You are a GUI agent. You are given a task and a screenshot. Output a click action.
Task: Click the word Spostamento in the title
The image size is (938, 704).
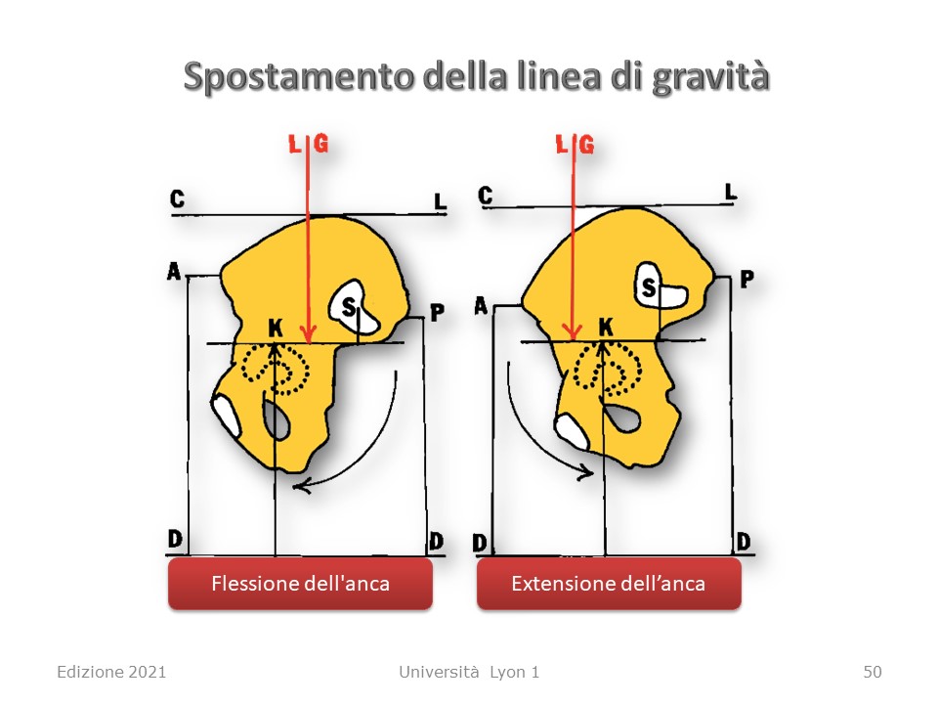299,78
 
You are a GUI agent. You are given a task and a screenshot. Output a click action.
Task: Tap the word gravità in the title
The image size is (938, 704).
710,79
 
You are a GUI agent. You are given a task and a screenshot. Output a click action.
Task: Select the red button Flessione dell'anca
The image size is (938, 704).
300,584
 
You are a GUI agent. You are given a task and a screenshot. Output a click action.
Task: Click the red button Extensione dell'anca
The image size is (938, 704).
609,584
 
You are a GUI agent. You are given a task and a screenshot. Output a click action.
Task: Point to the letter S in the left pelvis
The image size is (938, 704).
349,307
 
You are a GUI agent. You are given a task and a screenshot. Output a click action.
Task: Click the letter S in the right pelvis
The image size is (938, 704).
649,287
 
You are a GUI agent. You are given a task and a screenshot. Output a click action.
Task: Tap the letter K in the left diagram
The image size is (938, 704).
276,329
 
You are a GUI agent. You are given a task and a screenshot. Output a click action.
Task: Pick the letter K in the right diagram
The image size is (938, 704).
606,327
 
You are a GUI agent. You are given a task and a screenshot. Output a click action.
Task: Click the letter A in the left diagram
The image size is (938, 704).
174,272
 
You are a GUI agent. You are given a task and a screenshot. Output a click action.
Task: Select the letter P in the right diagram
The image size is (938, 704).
746,279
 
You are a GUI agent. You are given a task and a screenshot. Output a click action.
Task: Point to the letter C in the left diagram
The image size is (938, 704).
177,198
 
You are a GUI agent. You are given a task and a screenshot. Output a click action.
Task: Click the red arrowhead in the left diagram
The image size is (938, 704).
308,334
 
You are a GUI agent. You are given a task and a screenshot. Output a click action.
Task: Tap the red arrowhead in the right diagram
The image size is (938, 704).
574,331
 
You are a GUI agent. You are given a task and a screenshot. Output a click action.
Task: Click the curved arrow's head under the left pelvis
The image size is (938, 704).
301,486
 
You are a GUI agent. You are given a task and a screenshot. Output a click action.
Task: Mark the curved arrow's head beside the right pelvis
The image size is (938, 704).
585,471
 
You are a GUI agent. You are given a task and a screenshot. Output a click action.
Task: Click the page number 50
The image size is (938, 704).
873,672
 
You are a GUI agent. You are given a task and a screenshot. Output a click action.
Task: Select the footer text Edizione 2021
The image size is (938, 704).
111,672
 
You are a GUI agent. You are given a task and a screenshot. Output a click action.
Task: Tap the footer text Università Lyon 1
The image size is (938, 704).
469,672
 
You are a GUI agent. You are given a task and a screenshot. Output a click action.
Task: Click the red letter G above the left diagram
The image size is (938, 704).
321,144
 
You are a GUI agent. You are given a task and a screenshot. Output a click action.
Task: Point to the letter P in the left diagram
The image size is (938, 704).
438,312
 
